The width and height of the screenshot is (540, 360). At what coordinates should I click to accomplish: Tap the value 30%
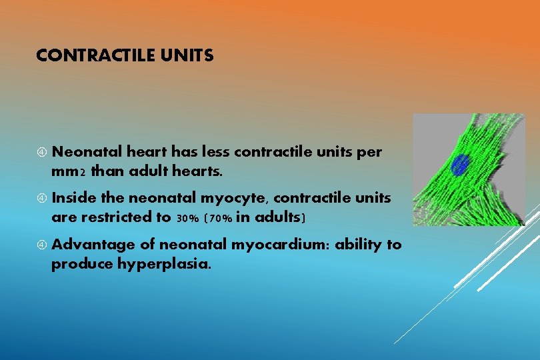coord(188,218)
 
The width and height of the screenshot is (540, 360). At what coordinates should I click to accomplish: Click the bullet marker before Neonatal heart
coord(41,153)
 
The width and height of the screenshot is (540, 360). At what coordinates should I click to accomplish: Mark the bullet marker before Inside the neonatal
coord(41,199)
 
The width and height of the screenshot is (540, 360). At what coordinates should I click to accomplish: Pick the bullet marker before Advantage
coord(41,245)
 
